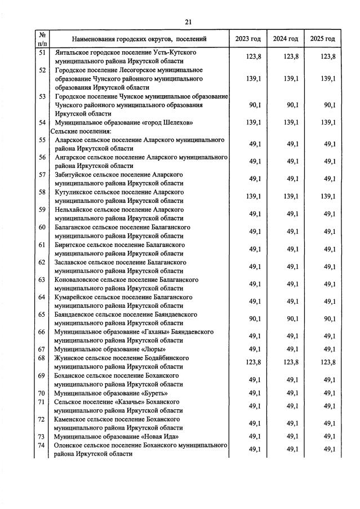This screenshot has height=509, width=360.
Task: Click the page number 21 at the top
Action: tap(188, 22)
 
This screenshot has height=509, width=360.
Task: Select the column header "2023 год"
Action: tap(248, 39)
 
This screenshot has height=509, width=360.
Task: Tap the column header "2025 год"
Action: tap(322, 39)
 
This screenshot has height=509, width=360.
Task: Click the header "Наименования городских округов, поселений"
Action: tap(139, 39)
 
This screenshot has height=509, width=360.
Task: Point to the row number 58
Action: tap(42, 192)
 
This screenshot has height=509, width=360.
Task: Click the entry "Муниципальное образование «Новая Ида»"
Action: tap(116, 436)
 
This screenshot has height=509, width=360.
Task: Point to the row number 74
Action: tap(42, 445)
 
